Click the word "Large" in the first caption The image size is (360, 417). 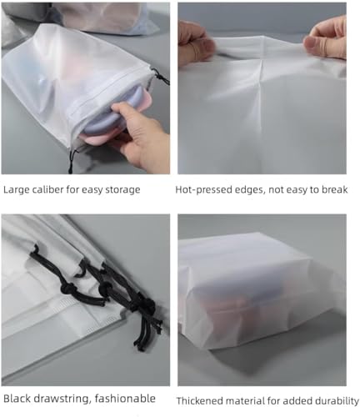(x=17, y=189)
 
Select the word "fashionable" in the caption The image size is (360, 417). (x=126, y=399)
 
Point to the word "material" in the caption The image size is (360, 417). (x=252, y=400)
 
